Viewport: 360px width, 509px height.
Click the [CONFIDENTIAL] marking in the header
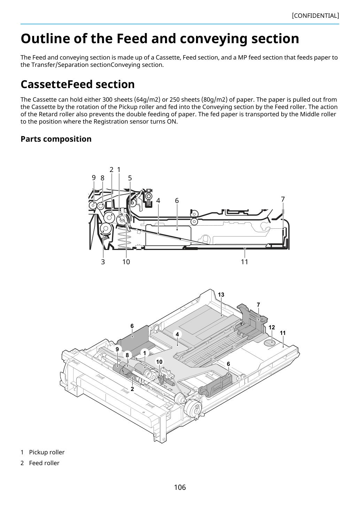[x=315, y=16]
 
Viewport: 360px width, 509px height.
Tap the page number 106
[x=180, y=487]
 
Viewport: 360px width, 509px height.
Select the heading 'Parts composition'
[x=56, y=139]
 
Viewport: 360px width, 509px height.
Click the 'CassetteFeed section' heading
[x=78, y=84]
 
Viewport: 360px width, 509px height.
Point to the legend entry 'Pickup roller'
[x=47, y=452]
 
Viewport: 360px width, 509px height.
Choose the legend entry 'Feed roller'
[x=44, y=463]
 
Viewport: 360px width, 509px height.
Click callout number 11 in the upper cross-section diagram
[x=244, y=262]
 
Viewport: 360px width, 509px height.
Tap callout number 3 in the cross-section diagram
[x=103, y=262]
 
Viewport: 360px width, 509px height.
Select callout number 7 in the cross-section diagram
[x=283, y=199]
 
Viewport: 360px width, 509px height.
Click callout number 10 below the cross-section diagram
[x=126, y=262]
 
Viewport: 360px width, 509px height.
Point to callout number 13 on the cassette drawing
[x=221, y=295]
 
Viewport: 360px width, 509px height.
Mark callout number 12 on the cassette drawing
[x=272, y=328]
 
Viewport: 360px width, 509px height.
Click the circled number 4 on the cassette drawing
[x=177, y=334]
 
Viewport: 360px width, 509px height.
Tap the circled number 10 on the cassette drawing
[x=159, y=362]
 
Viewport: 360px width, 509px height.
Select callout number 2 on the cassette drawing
[x=132, y=389]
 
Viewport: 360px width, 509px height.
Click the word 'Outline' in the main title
[x=46, y=38]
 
